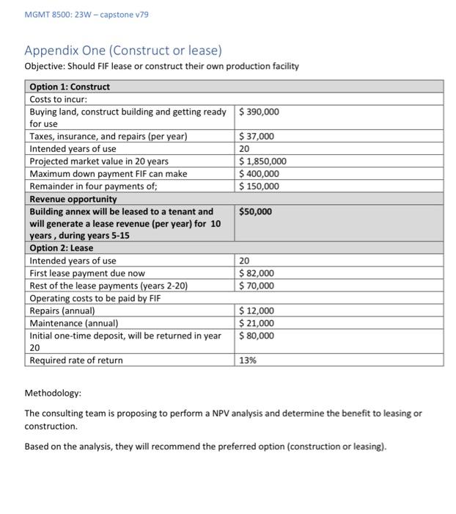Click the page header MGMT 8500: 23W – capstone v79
click(70, 15)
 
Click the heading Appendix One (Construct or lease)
click(122, 51)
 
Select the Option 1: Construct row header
click(70, 87)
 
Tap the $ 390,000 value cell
click(260, 112)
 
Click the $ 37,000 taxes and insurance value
click(257, 137)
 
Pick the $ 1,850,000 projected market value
click(263, 162)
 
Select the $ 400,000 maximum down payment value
click(260, 174)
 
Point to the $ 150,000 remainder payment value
click(260, 187)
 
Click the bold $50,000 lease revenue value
click(256, 211)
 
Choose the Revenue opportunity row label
click(73, 199)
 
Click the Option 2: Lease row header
click(62, 248)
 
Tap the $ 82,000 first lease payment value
click(257, 273)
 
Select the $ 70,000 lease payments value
click(257, 286)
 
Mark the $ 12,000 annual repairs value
click(257, 311)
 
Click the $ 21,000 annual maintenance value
click(257, 323)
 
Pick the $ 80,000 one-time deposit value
click(257, 336)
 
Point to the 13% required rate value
click(248, 361)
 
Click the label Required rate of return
click(76, 361)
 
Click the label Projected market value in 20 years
click(99, 162)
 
